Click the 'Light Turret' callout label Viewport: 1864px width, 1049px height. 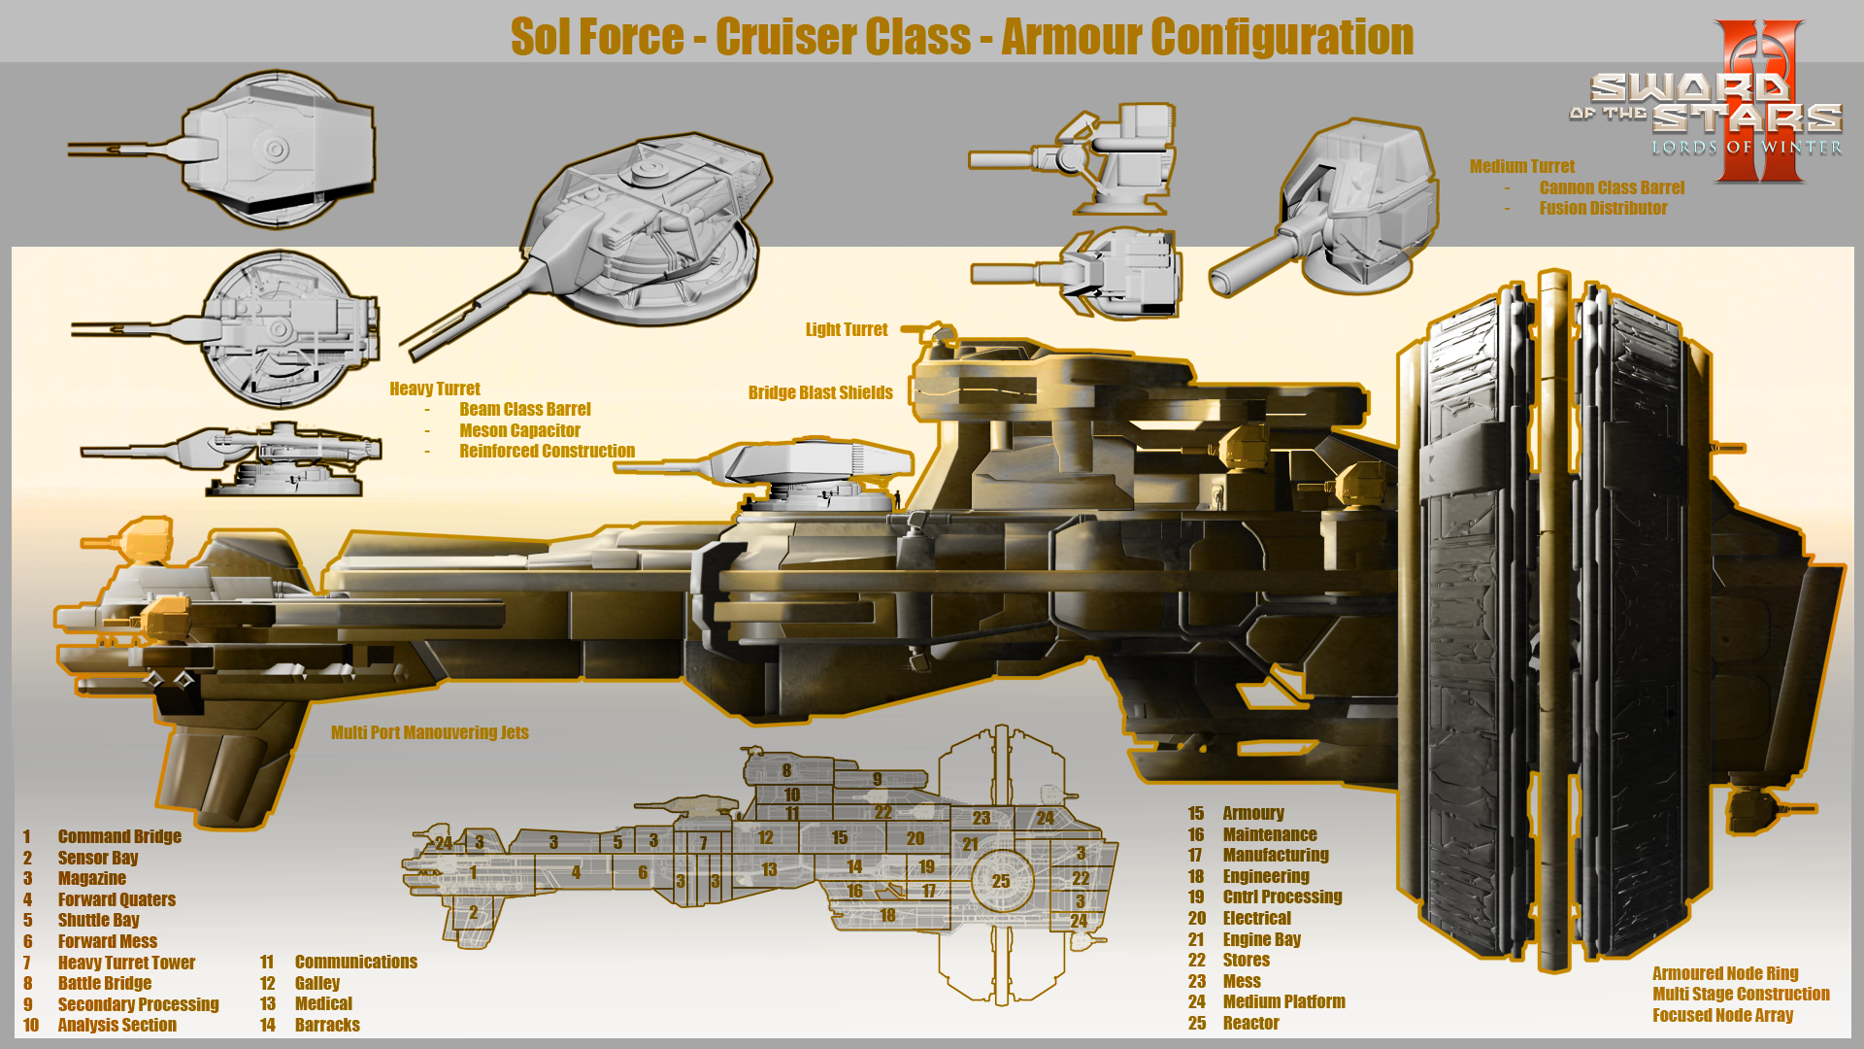click(x=846, y=329)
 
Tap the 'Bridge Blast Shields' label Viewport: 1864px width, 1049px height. click(x=819, y=392)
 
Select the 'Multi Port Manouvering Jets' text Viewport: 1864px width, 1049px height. click(x=429, y=732)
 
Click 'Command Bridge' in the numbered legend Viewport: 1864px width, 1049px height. click(x=118, y=836)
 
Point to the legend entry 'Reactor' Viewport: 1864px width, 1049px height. click(x=1250, y=1023)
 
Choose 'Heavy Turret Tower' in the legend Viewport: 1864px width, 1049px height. click(x=126, y=963)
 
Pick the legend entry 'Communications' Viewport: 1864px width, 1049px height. click(x=355, y=962)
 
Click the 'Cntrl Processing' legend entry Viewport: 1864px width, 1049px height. click(x=1281, y=897)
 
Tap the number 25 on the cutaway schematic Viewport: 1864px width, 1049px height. click(x=1001, y=881)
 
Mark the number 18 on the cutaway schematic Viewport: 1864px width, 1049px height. click(x=887, y=915)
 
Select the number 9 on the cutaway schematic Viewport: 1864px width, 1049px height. click(x=877, y=779)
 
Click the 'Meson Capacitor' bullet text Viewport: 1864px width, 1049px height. click(x=519, y=430)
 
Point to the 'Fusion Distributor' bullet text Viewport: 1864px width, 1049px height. click(x=1603, y=208)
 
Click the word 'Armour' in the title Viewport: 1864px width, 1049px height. click(x=1071, y=37)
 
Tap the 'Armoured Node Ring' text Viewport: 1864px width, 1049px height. click(x=1725, y=973)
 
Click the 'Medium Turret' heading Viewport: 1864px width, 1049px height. click(x=1521, y=166)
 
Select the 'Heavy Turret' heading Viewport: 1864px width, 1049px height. click(x=434, y=389)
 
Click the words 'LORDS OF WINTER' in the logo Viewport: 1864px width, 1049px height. click(x=1747, y=148)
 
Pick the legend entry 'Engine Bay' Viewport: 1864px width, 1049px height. click(x=1261, y=939)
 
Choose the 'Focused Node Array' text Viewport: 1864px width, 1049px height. click(x=1722, y=1015)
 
